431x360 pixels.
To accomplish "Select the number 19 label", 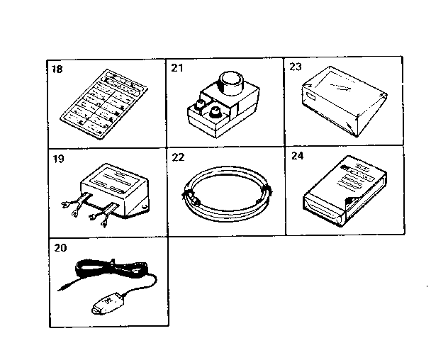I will pos(57,159).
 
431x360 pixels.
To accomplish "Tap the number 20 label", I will pos(58,248).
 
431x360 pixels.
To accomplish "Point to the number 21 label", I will pos(177,69).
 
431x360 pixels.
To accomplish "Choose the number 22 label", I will pos(177,159).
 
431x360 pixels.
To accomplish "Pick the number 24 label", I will pos(296,159).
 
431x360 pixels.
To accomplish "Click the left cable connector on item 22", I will pos(190,193).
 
